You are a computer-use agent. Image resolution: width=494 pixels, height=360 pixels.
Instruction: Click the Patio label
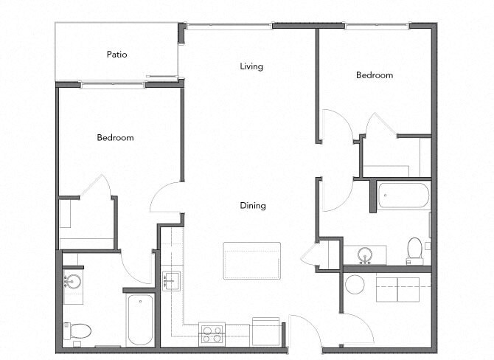coord(117,54)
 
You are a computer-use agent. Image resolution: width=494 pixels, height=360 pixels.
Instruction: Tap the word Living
coord(251,66)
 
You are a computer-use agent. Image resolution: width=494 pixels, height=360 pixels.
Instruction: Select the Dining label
coord(252,206)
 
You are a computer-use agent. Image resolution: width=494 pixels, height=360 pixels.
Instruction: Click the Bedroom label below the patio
coord(115,138)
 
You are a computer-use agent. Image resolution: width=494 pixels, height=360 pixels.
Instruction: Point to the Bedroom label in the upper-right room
coord(375,75)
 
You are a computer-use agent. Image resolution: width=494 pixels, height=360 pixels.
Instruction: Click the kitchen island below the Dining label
coord(251,260)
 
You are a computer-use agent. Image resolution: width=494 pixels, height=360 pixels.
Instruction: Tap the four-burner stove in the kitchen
coord(212,334)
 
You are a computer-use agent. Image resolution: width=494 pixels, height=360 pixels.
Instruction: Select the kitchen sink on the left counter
coord(171,281)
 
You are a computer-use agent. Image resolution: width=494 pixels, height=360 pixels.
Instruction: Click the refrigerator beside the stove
coord(265,331)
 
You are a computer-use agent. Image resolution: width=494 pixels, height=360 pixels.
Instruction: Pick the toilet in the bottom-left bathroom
coord(77,330)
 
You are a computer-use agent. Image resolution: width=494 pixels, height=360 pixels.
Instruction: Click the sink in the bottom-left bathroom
coord(72,283)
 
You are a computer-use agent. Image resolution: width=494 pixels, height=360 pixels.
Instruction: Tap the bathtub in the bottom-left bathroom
coord(140,319)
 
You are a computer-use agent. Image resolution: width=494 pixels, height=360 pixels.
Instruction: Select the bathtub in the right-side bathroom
coord(403,195)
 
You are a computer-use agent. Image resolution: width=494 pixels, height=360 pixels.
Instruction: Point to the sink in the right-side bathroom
coord(363,255)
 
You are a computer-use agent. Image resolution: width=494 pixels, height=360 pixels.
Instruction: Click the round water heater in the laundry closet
coord(355,285)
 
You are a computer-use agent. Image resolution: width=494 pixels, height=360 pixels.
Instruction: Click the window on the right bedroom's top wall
coord(377,27)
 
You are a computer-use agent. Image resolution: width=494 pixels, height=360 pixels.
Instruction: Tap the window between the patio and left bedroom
coord(112,85)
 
